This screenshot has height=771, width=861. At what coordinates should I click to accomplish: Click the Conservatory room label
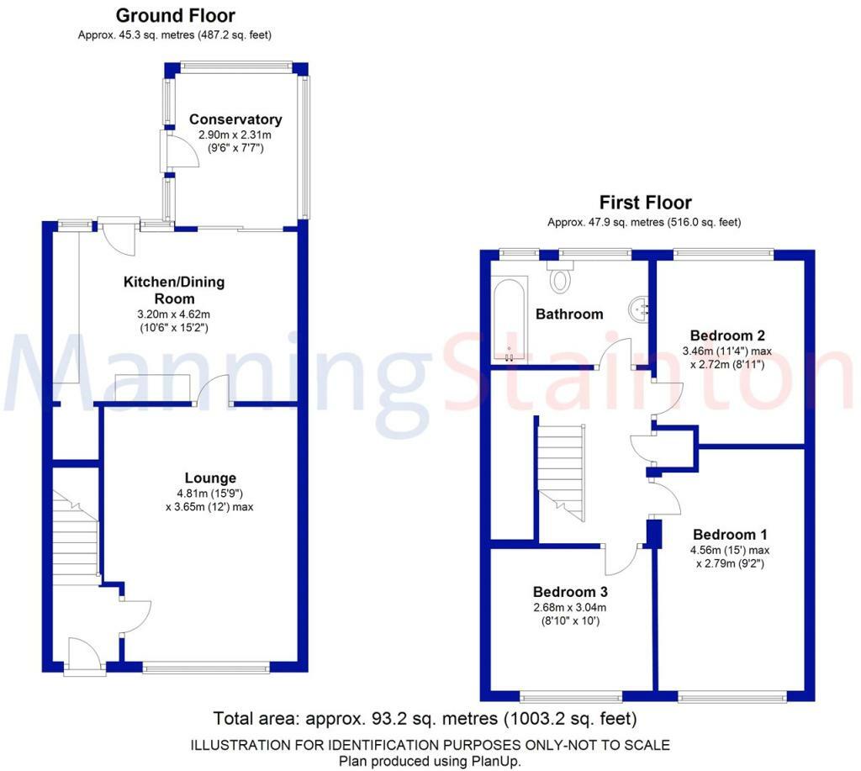click(x=235, y=119)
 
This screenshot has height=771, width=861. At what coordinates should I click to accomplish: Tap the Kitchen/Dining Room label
click(x=174, y=290)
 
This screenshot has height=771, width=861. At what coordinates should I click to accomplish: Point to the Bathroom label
click(x=569, y=314)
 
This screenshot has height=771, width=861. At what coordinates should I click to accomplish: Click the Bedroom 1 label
click(x=730, y=535)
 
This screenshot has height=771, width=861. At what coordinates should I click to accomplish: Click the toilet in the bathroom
click(x=559, y=275)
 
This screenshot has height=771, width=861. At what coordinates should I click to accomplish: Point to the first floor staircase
click(x=560, y=467)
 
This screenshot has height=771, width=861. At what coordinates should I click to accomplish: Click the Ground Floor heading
click(x=175, y=16)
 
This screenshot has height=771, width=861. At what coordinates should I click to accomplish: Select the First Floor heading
click(x=645, y=203)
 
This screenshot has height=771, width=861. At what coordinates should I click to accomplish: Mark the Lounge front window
click(x=206, y=668)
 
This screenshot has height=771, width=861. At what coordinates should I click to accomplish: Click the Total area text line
click(x=425, y=719)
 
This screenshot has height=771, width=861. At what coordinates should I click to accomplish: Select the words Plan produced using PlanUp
click(x=430, y=761)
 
